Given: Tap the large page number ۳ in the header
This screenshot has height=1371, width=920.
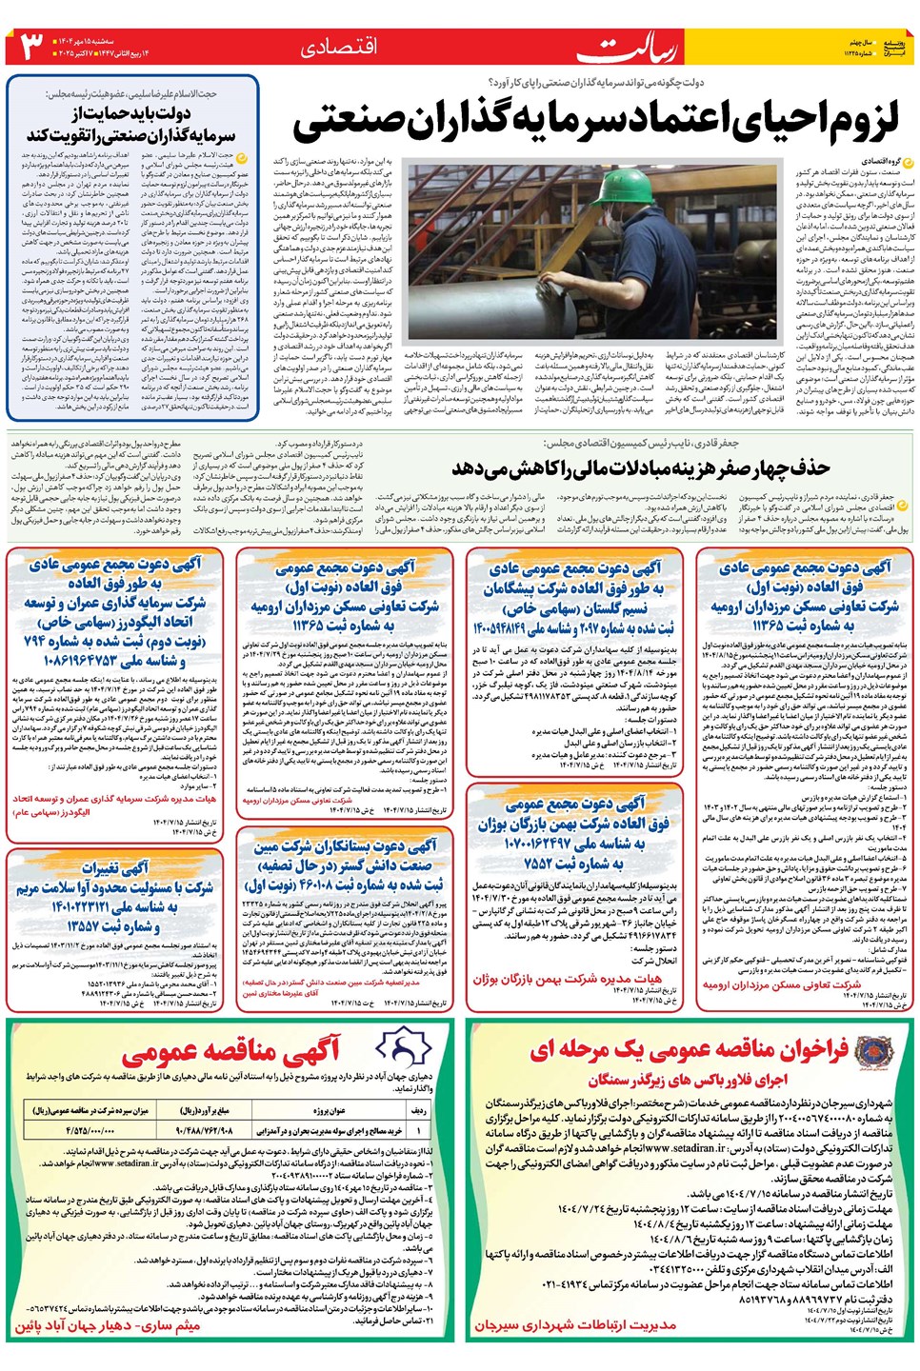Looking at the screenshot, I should point(31,46).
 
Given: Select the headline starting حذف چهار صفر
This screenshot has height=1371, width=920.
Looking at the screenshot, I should point(640,467).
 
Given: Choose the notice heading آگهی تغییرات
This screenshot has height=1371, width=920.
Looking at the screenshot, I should point(115,867).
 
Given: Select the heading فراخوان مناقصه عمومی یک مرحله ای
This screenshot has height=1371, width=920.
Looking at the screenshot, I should point(690,1049).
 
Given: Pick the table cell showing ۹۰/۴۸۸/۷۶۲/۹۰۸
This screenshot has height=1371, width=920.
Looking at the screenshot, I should point(204,1130).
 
